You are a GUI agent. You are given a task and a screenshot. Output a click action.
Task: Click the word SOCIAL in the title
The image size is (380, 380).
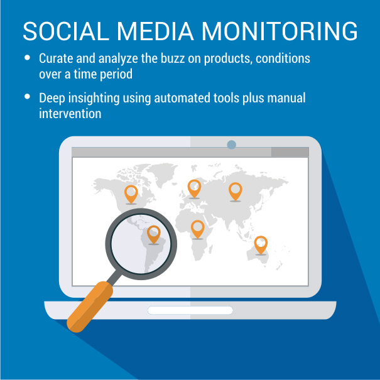click(66, 31)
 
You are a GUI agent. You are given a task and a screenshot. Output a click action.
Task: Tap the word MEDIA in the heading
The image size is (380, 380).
click(155, 31)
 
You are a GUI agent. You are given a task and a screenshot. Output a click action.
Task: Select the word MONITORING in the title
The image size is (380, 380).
click(280, 31)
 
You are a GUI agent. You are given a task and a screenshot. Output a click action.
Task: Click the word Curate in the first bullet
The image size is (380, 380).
click(56, 58)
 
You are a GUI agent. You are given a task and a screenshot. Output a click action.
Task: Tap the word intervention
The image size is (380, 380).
click(70, 114)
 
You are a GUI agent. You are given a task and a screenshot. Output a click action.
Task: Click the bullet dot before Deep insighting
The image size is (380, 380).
click(27, 97)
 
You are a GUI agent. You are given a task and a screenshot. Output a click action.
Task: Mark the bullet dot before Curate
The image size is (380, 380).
click(27, 57)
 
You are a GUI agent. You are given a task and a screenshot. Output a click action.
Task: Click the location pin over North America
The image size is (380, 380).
click(131, 195)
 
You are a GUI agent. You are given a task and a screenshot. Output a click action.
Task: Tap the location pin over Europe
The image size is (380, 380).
click(194, 189)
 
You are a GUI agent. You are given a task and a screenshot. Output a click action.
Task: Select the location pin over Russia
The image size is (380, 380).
click(236, 192)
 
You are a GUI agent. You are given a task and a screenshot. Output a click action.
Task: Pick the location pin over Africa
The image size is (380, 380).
click(197, 229)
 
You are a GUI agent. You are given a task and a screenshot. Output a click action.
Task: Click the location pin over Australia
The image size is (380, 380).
click(261, 245)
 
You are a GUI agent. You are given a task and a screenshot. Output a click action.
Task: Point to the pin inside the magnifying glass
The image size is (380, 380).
click(154, 234)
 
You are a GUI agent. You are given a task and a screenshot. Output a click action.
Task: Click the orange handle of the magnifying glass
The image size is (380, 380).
click(90, 307)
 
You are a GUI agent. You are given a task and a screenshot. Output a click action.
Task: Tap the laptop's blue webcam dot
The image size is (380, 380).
click(231, 144)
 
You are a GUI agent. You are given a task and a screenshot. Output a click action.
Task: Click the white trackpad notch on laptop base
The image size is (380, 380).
click(190, 310)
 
